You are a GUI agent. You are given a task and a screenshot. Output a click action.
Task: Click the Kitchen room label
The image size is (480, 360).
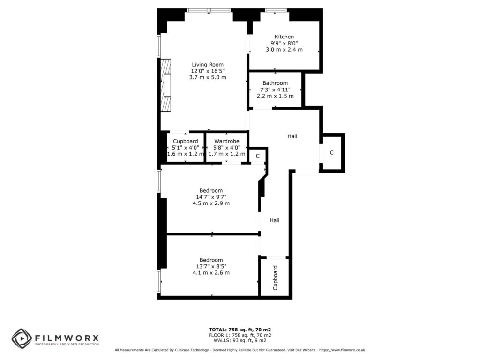click(284, 37)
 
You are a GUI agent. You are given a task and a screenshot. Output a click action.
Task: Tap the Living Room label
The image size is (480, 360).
click(208, 65)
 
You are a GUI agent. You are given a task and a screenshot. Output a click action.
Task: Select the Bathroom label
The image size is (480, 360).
click(275, 83)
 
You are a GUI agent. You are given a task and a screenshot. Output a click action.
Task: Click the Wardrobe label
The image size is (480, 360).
click(227, 141)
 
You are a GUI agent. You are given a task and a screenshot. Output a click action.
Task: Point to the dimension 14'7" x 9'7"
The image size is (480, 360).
click(211, 197)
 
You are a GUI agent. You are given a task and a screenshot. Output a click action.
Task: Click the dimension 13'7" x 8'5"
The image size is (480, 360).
click(211, 266)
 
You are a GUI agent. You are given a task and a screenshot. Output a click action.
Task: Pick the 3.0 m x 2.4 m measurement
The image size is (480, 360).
click(284, 49)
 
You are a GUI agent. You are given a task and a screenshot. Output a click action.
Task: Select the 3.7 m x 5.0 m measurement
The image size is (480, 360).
click(208, 77)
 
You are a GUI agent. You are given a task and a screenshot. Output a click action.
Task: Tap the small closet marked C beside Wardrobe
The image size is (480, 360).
click(257, 156)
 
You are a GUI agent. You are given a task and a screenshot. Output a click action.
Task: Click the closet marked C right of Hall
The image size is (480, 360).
click(332, 153)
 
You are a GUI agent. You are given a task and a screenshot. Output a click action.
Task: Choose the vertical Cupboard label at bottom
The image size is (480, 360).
click(275, 277)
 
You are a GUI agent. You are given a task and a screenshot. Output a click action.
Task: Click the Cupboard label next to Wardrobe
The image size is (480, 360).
click(186, 141)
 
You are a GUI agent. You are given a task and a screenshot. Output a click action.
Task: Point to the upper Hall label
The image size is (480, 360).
click(292, 136)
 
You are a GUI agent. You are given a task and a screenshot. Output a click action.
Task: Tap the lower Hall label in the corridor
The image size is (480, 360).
click(275, 220)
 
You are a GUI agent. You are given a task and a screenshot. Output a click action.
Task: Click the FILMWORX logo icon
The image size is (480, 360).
click(22, 338)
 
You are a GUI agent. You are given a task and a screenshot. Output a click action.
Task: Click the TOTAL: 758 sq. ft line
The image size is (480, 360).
click(240, 330)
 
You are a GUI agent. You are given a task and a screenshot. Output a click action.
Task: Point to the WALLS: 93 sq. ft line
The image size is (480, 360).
click(240, 341)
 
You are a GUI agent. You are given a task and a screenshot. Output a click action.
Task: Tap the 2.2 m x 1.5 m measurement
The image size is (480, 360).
click(275, 96)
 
